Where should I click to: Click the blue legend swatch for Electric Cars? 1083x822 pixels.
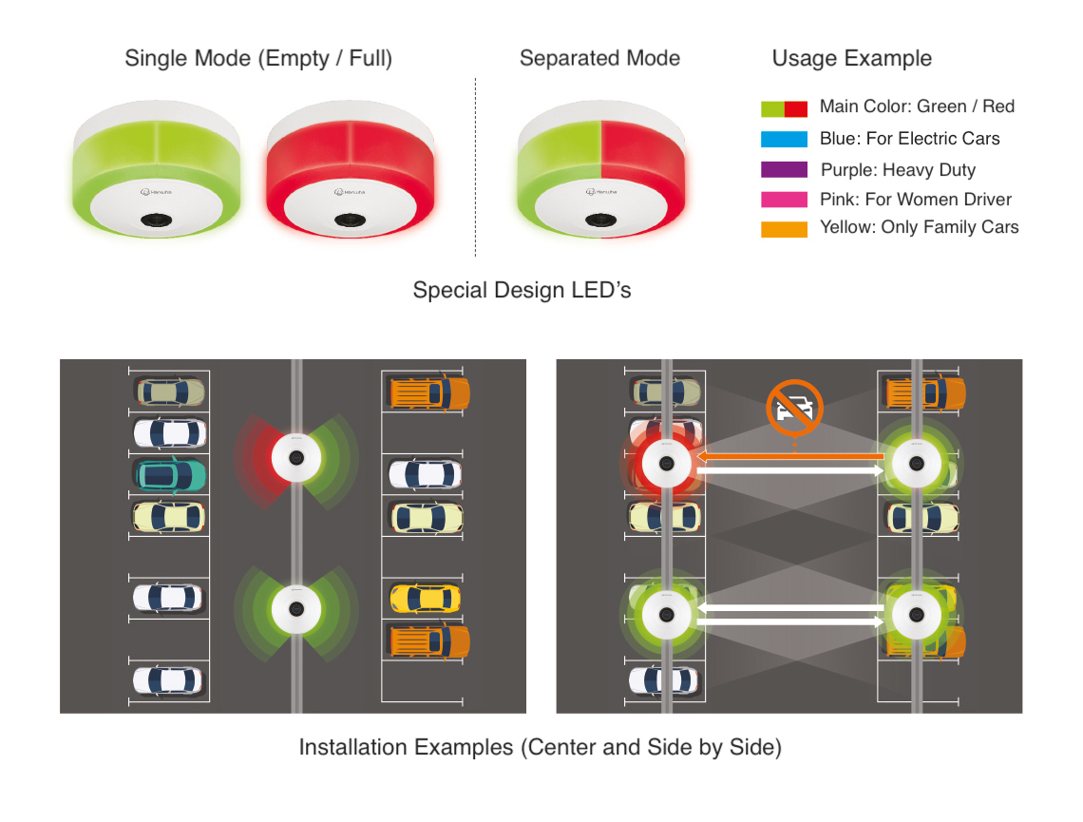pyautogui.click(x=784, y=139)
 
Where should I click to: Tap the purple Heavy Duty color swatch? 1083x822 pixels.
pyautogui.click(x=784, y=170)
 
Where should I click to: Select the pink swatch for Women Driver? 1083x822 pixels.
pyautogui.click(x=784, y=200)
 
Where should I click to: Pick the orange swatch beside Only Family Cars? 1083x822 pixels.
pyautogui.click(x=784, y=229)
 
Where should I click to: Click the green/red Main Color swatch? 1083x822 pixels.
pyautogui.click(x=784, y=108)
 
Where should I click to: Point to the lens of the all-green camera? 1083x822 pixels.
pyautogui.click(x=157, y=220)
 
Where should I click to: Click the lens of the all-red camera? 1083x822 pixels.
pyautogui.click(x=351, y=220)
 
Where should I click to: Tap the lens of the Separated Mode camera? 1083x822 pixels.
pyautogui.click(x=601, y=220)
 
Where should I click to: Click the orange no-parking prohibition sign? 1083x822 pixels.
pyautogui.click(x=794, y=407)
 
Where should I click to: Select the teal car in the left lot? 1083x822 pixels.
pyautogui.click(x=169, y=475)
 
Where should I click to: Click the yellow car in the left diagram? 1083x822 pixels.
pyautogui.click(x=426, y=598)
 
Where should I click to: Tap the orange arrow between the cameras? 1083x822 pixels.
pyautogui.click(x=790, y=456)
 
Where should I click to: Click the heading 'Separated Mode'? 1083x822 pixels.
pyautogui.click(x=599, y=58)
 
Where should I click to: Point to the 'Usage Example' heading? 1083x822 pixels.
pyautogui.click(x=851, y=58)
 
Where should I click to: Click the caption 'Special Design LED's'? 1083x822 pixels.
pyautogui.click(x=522, y=290)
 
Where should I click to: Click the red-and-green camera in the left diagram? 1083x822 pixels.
pyautogui.click(x=296, y=457)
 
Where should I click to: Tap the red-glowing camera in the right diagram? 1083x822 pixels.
pyautogui.click(x=667, y=464)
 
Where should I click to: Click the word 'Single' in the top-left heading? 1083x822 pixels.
pyautogui.click(x=153, y=59)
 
